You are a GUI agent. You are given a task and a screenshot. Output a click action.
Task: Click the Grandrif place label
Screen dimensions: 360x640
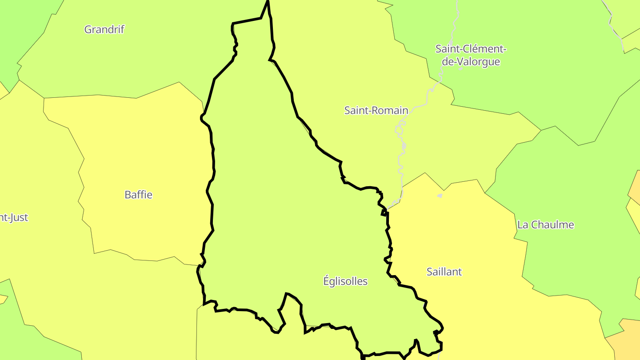(104, 29)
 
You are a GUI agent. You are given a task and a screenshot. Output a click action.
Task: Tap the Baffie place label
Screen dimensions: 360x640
(138, 195)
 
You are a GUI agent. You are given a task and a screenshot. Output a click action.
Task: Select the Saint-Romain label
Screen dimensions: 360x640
(376, 110)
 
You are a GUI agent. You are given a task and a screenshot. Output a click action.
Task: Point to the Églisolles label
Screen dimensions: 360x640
(345, 281)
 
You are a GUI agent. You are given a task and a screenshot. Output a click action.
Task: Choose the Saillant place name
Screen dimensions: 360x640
(444, 272)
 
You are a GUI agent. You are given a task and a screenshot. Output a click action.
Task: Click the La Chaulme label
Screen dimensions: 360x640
(545, 224)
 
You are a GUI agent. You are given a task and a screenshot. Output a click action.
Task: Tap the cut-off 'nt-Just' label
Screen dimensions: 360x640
(13, 217)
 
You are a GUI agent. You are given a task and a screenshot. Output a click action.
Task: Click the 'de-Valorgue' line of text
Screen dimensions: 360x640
(471, 62)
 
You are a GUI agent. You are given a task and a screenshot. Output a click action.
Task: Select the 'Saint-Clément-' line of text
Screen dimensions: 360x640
(471, 48)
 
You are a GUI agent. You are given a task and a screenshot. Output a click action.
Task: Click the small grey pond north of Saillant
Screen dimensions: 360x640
(440, 195)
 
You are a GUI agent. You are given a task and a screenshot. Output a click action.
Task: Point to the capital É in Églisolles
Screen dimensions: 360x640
(326, 280)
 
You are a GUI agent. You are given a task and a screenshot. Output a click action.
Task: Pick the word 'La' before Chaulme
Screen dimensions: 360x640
(522, 224)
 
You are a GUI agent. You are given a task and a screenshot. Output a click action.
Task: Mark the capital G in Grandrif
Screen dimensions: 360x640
(88, 29)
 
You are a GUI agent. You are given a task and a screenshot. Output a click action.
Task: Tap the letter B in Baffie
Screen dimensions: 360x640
(128, 195)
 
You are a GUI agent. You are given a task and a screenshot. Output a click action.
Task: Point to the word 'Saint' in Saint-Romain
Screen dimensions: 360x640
(356, 110)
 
